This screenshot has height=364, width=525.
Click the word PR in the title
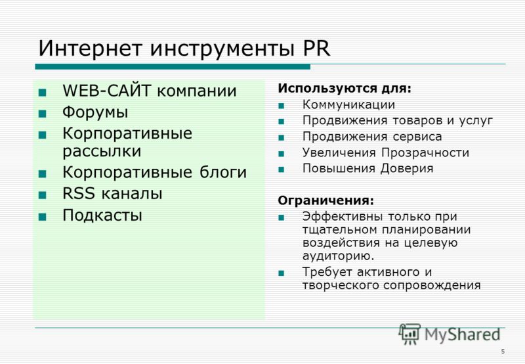click(x=316, y=48)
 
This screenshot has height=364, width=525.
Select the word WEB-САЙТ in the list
click(x=107, y=91)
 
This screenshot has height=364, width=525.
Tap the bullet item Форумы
click(x=95, y=112)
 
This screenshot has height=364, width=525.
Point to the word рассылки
click(x=102, y=151)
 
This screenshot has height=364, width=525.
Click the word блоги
click(x=223, y=173)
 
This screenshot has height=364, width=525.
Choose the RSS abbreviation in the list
click(x=79, y=193)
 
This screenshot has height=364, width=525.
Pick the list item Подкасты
click(x=102, y=215)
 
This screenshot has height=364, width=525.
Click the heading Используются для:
click(x=345, y=89)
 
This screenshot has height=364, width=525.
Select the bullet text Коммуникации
click(x=348, y=104)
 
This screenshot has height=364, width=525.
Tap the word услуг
click(x=476, y=120)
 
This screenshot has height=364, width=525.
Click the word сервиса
click(x=417, y=137)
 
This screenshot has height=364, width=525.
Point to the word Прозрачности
click(x=425, y=153)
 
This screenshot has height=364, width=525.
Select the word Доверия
click(x=407, y=168)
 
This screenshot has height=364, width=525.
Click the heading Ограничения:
click(x=325, y=200)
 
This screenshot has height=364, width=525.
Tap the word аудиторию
click(x=338, y=256)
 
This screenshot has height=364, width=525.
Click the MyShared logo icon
click(x=409, y=334)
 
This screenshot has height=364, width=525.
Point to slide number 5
click(x=503, y=352)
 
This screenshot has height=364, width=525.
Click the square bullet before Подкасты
click(x=43, y=217)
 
